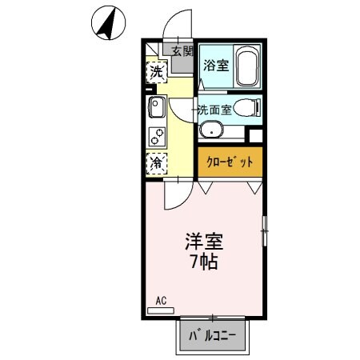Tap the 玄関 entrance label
click(182, 51)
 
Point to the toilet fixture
click(249, 107)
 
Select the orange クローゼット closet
click(230, 162)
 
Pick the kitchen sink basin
click(155, 106)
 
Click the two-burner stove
click(157, 135)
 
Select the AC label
click(160, 302)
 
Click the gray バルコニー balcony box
click(213, 336)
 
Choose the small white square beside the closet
click(255, 135)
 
